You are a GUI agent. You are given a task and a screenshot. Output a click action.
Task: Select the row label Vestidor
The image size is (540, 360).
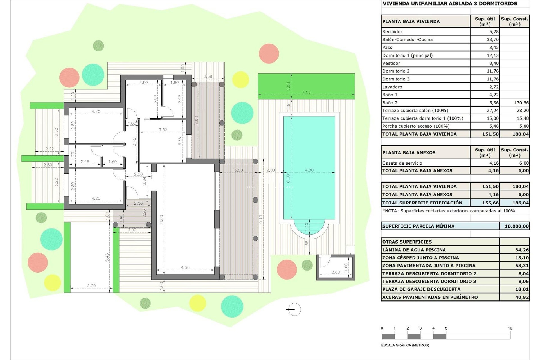tap(391, 63)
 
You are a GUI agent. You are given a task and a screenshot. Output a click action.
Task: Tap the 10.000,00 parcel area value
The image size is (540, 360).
tap(516, 226)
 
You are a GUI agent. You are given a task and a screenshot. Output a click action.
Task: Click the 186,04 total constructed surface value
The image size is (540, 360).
tap(520, 203)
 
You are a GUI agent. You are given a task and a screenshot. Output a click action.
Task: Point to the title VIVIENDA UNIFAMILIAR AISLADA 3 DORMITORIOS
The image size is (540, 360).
tap(450, 4)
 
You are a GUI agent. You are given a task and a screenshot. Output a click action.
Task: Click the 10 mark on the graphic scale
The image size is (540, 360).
tap(510, 328)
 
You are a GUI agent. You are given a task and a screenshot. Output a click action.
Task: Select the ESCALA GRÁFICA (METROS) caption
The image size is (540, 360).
tap(405, 345)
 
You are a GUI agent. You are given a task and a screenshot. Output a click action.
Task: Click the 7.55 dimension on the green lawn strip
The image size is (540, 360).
tap(306, 92)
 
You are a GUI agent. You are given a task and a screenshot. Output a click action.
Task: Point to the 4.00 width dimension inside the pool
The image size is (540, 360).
tap(309, 170)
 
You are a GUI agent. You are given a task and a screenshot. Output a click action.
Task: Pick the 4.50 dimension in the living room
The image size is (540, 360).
tap(185, 267)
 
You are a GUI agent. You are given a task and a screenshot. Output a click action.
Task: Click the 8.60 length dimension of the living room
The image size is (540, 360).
tap(161, 219)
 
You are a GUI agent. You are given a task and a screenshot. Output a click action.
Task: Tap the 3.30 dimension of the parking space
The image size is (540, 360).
tap(91, 285)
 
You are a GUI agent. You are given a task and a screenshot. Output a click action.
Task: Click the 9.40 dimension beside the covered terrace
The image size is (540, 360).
tap(261, 219)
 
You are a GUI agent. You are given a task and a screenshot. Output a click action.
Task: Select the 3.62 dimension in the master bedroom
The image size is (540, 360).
tap(163, 130)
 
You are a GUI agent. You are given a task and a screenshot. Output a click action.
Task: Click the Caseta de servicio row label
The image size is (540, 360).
tap(402, 163)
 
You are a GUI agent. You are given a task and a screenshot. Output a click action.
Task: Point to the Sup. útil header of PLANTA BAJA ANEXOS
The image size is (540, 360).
tap(485, 152)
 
